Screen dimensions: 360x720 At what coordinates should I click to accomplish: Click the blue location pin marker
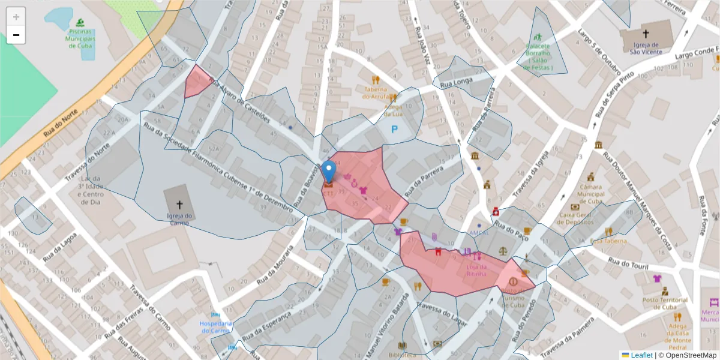[x=329, y=172]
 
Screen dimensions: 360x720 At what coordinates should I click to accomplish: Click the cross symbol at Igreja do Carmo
[x=179, y=205]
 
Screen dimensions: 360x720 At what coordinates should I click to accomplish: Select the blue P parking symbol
[x=395, y=129]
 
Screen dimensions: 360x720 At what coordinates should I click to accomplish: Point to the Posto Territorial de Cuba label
[x=665, y=303]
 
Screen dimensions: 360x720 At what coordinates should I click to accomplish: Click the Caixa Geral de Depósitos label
[x=582, y=218]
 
